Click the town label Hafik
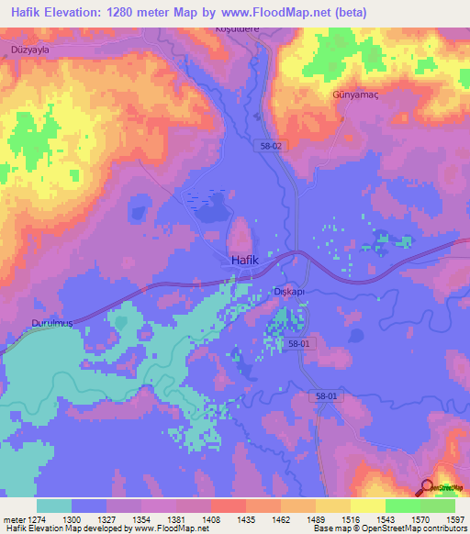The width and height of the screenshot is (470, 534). [245, 261]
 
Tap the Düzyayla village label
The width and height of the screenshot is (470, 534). [27, 50]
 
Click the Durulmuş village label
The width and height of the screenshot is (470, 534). [28, 325]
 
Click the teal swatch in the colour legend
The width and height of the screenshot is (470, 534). [54, 506]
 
